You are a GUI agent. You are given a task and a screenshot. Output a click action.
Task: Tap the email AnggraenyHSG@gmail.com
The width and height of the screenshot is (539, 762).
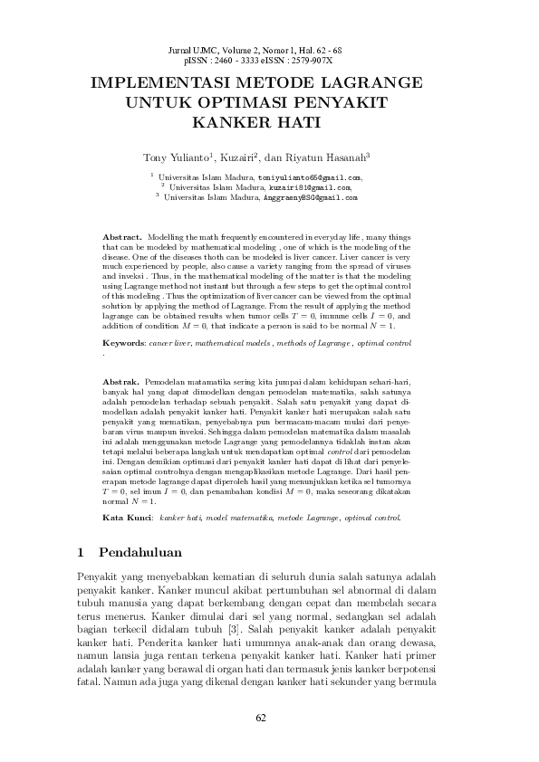click(x=310, y=196)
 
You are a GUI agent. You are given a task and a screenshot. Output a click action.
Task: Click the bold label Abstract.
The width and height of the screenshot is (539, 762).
click(x=122, y=234)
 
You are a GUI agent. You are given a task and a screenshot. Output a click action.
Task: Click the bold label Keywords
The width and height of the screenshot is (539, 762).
click(x=123, y=346)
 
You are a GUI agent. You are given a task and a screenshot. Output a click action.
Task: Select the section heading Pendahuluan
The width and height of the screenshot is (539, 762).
click(x=140, y=551)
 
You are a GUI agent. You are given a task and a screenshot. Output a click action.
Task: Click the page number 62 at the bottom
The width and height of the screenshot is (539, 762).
click(x=261, y=718)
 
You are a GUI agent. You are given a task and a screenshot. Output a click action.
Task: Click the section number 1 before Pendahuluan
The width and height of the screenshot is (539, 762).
click(x=82, y=551)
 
